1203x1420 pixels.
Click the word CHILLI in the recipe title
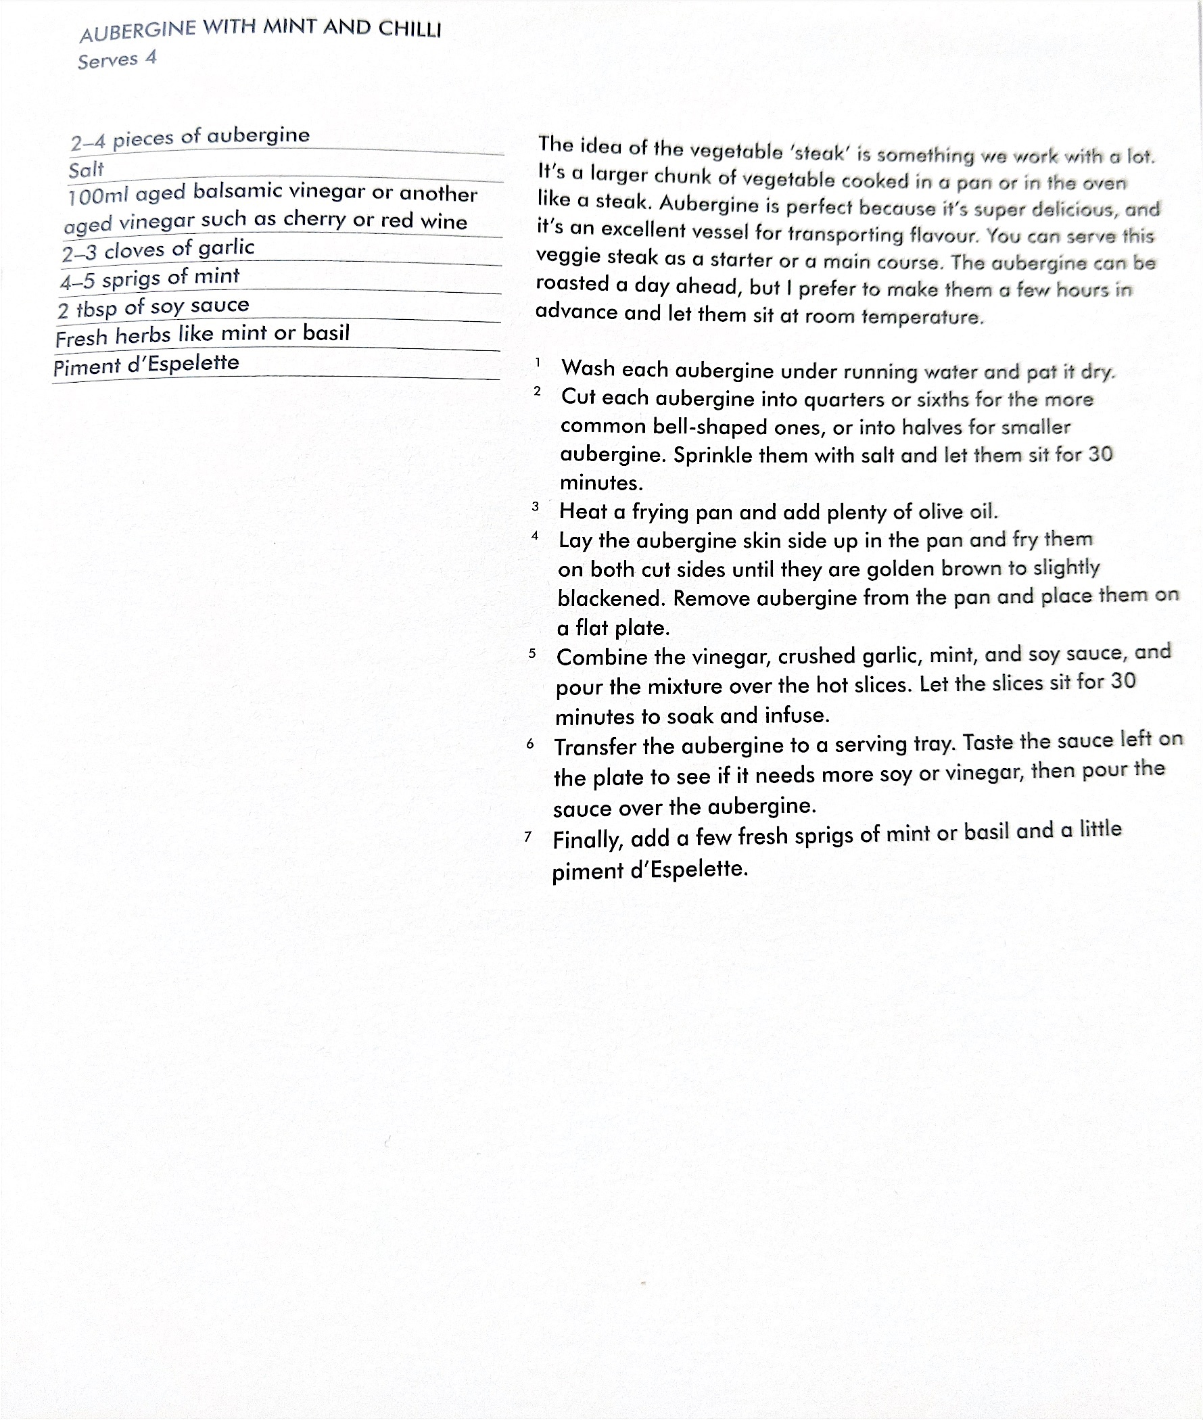(x=409, y=29)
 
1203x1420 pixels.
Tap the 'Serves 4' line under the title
(x=116, y=60)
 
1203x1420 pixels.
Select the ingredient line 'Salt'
(x=86, y=169)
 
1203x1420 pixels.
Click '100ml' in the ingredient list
(x=98, y=197)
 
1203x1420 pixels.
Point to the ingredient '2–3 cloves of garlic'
(x=158, y=250)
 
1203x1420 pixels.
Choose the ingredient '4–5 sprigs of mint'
(x=149, y=279)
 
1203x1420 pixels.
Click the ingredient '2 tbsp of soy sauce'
(x=153, y=307)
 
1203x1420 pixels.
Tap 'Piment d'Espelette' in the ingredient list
(x=146, y=365)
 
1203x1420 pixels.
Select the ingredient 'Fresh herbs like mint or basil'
(x=202, y=335)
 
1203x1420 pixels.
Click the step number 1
(x=538, y=363)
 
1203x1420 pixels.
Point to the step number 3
(x=536, y=506)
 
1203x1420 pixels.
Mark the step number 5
(x=532, y=653)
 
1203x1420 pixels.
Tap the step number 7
(x=528, y=836)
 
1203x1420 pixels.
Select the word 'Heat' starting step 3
(x=584, y=511)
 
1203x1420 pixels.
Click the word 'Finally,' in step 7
(x=587, y=840)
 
